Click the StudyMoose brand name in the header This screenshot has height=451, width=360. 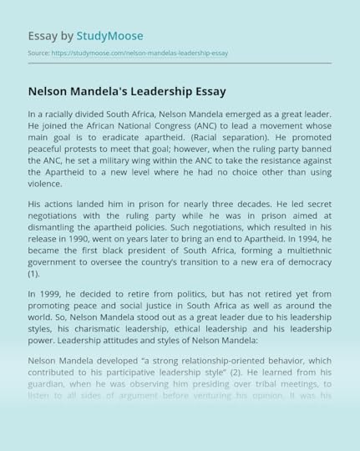coord(109,36)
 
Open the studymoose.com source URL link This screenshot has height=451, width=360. coord(139,53)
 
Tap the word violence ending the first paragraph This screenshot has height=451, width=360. coord(45,184)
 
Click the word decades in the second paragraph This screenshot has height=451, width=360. coord(251,203)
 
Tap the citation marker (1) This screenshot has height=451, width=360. coord(33,273)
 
